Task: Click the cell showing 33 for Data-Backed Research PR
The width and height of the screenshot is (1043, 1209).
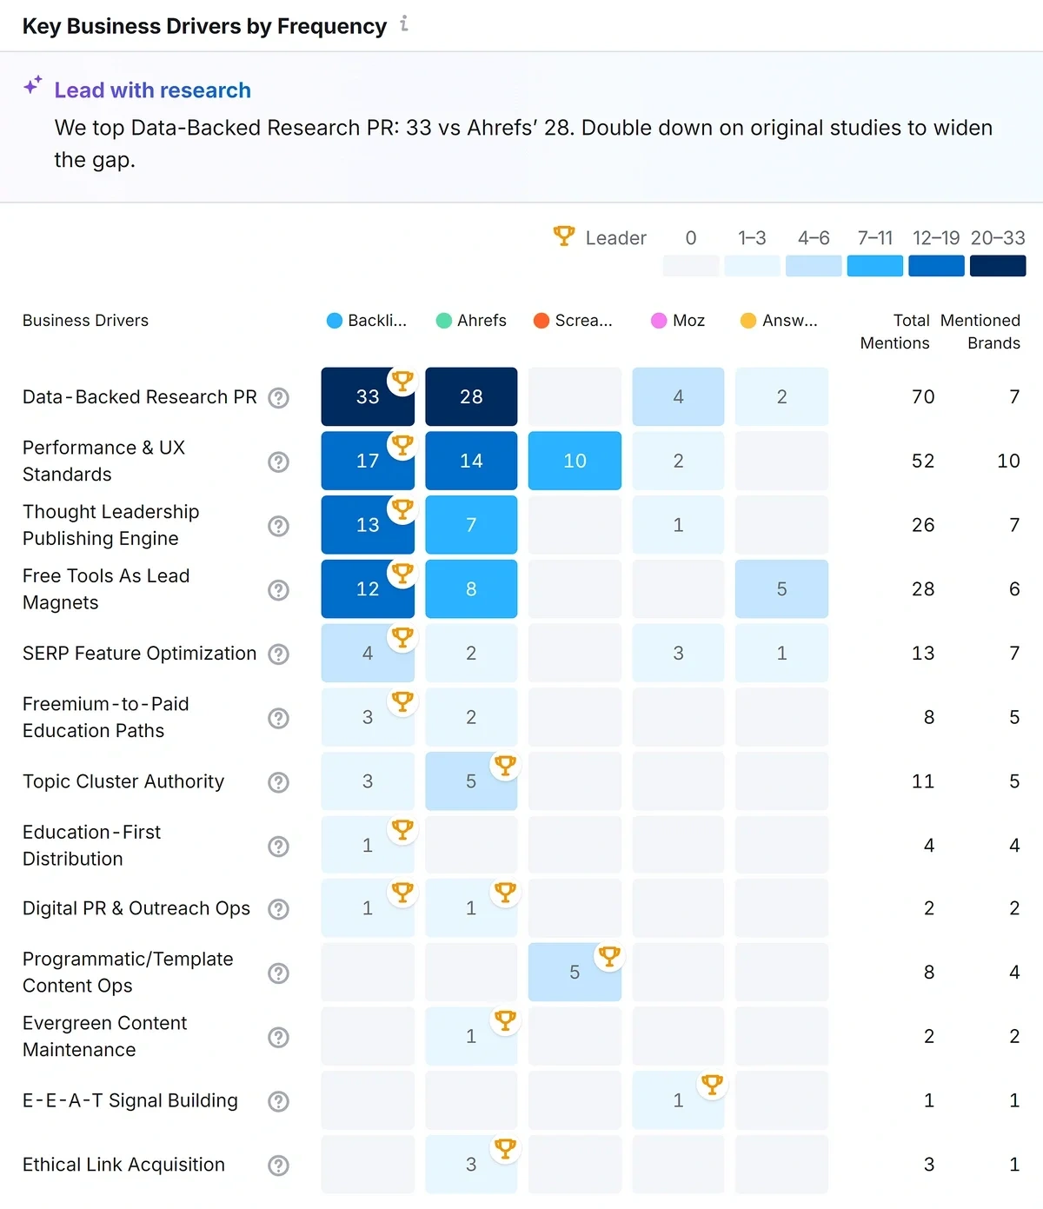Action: pos(367,397)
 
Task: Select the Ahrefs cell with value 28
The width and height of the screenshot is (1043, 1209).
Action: pos(471,397)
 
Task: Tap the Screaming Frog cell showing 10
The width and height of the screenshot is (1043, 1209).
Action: pos(575,461)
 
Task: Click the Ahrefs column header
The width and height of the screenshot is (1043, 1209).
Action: pos(472,321)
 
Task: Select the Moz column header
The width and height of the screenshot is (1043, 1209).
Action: pos(679,321)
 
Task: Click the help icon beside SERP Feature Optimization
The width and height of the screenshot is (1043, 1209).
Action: pos(278,654)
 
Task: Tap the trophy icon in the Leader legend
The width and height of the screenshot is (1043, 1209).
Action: pos(564,236)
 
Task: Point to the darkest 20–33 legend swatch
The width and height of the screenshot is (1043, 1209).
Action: pos(998,266)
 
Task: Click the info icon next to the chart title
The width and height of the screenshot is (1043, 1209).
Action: pos(404,24)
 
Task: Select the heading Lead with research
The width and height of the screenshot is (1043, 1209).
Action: pos(152,90)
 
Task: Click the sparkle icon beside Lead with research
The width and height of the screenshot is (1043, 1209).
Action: pos(33,85)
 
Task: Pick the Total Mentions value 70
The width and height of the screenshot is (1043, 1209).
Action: pos(923,397)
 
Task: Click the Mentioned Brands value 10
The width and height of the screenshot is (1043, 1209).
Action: pos(1008,461)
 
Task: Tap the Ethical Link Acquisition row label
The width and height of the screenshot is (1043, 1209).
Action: pos(123,1165)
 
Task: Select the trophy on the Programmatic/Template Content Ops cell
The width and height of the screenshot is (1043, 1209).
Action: pos(609,956)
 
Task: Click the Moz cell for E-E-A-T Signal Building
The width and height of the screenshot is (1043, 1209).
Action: pos(678,1100)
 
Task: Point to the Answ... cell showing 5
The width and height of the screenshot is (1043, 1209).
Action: pos(781,589)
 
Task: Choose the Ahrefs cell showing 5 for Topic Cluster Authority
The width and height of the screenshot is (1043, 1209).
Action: pos(471,781)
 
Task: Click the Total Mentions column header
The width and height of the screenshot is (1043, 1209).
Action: pos(895,331)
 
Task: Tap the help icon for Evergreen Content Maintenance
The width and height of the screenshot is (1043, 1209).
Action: pos(278,1037)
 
